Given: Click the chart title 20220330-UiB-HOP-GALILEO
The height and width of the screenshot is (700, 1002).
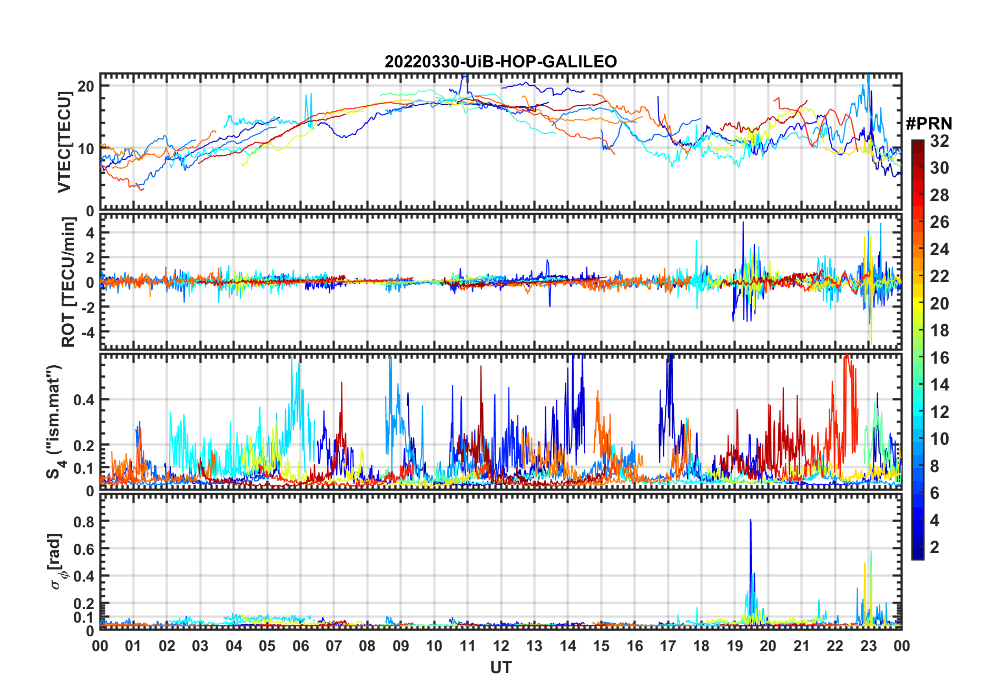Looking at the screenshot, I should coord(500,62).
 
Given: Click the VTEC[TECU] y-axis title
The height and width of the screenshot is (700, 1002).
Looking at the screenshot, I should coord(64,142).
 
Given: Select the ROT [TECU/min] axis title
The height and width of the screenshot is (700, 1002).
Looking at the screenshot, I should coord(68,282).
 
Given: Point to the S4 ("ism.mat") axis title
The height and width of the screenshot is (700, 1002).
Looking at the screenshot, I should coord(55,422).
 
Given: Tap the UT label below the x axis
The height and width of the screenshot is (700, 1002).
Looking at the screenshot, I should coord(500,667).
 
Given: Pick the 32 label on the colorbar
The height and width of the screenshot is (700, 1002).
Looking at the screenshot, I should coord(939,141).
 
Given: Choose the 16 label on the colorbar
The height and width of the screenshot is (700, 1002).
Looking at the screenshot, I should coord(939,358).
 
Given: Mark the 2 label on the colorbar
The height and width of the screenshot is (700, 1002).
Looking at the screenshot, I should coord(935,547).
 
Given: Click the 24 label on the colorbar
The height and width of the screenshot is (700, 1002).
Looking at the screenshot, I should coord(939,249).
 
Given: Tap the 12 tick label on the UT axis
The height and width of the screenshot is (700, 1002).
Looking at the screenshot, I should coord(500,646).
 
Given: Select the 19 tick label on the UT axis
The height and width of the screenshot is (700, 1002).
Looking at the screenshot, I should coord(734,646).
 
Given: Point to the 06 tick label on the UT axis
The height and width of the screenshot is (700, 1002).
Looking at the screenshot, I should coord(300,646).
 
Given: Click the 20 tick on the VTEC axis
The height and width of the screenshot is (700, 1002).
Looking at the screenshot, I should coord(86,86).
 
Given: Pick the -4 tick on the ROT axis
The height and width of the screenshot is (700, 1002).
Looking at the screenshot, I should coord(86,332).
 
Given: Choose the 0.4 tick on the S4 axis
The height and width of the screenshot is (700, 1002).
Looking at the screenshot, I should coord(84,399).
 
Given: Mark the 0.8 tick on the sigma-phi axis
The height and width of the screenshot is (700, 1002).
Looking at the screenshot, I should coord(84,522).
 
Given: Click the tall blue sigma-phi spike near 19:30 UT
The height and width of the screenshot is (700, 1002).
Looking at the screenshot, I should coord(751,526).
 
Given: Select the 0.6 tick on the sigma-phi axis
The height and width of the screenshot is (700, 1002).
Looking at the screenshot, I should coord(84,549).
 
